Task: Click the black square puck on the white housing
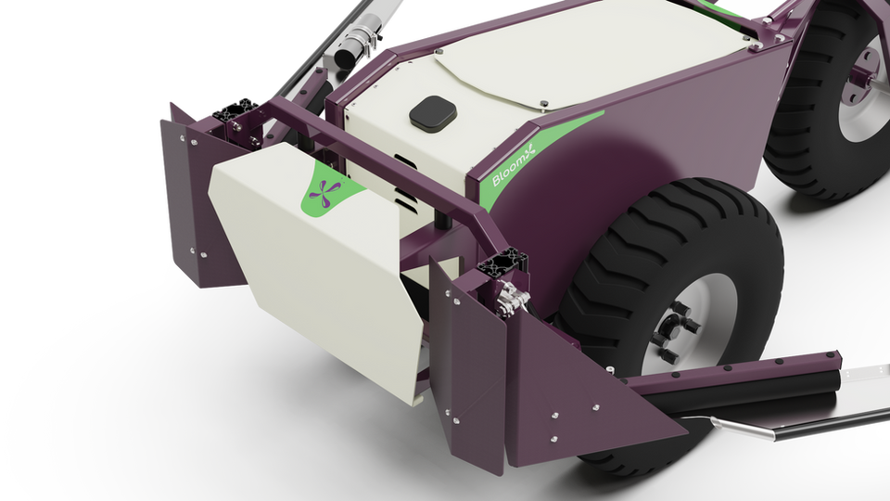pos(433,112)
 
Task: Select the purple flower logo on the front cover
pos(325,193)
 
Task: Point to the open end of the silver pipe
pos(345,58)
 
